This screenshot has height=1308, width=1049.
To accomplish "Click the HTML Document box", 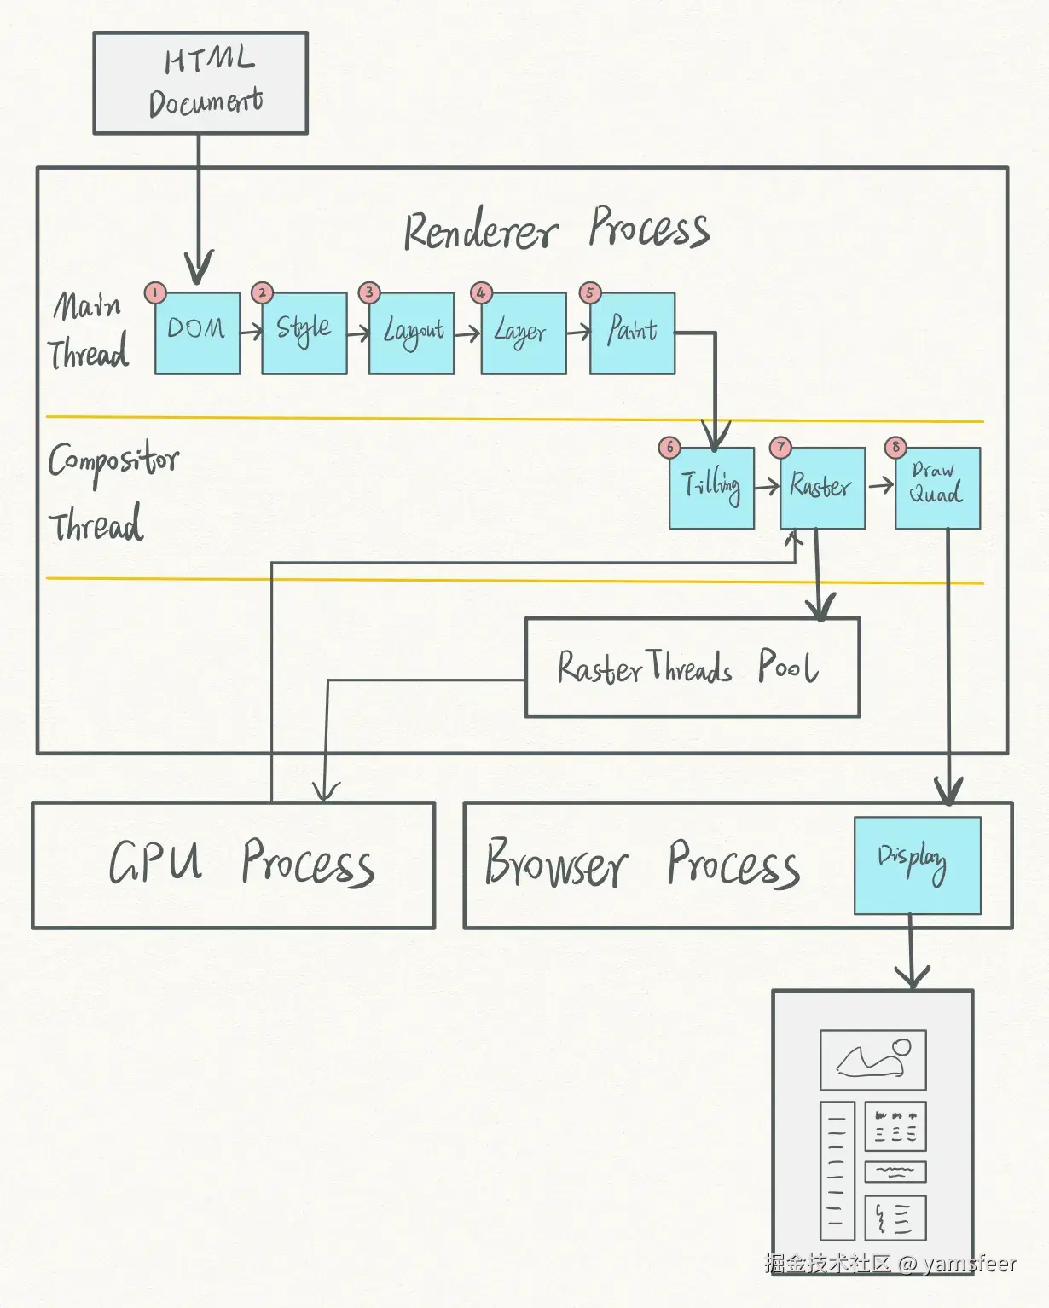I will pos(200,83).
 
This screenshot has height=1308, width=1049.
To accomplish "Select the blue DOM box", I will pos(197,333).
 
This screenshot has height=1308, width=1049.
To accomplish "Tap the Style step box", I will pos(304,333).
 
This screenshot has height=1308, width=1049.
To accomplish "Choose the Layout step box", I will pos(411,333).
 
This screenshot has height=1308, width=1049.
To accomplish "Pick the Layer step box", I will pos(524,333).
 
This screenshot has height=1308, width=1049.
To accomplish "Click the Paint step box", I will pos(632,333).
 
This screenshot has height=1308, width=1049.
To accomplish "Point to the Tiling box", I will pos(711,488).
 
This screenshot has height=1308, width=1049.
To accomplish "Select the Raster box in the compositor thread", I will pos(822,488).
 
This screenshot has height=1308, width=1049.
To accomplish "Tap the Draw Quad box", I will pos(937,488).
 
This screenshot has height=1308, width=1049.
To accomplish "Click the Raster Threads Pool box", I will pos(692,668).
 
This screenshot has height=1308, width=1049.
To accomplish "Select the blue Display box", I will pos(917,865).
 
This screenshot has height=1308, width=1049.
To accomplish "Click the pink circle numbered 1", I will pos(154,293).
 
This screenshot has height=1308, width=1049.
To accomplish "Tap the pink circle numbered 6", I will pos(669,447).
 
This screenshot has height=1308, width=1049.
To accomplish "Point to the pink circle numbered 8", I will pos(895,447).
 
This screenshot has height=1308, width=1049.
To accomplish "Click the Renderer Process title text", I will pos(556,229).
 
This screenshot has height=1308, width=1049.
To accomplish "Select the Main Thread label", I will pos(90,330).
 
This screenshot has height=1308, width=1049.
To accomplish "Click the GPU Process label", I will pos(241,862).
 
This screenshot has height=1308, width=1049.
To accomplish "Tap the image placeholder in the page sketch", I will pos(872,1060).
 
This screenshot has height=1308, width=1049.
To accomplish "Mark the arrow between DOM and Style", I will pos(251,332).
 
